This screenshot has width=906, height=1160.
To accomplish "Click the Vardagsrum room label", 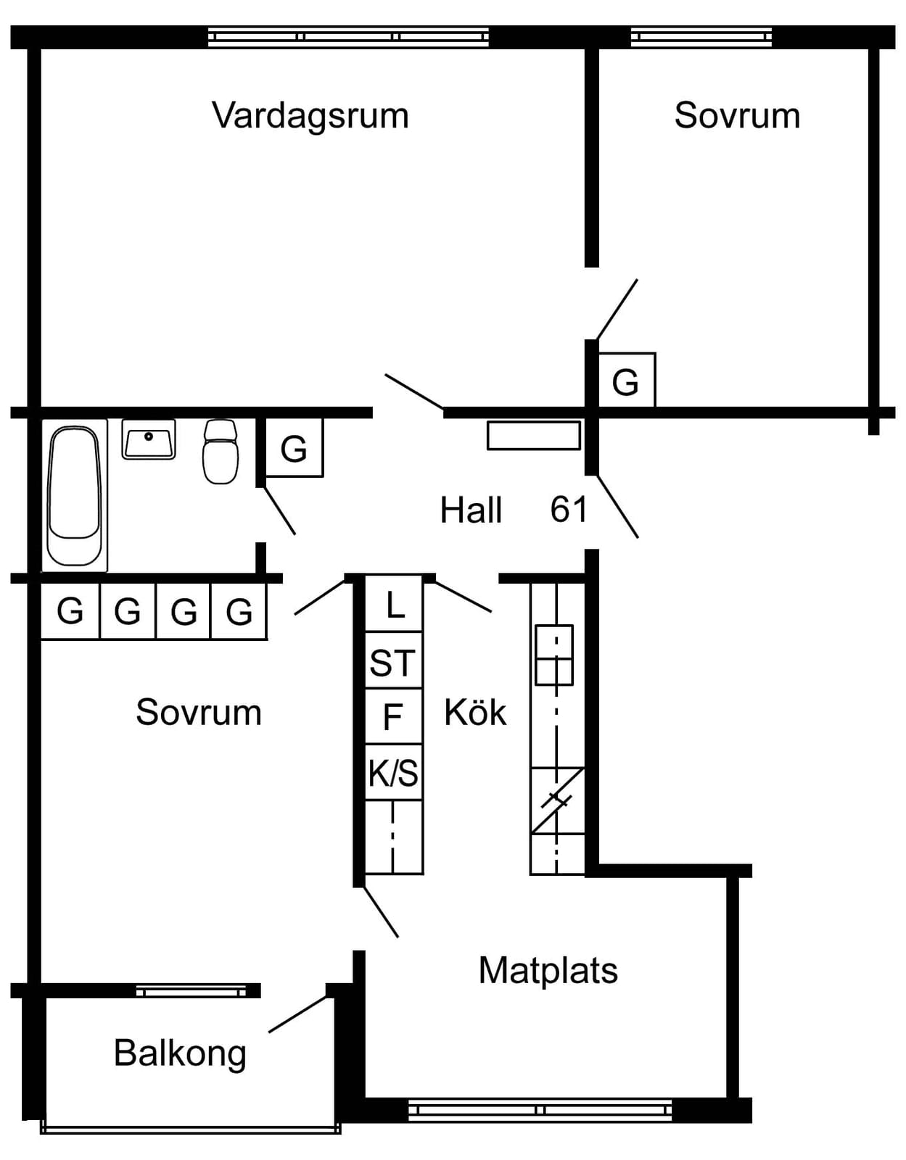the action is [x=310, y=117].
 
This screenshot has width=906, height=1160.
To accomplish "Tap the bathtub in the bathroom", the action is [x=74, y=496].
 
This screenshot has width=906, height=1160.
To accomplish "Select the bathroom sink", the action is [x=149, y=439].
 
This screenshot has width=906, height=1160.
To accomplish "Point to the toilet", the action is [x=220, y=451].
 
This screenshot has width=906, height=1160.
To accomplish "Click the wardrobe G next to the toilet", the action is [x=295, y=447].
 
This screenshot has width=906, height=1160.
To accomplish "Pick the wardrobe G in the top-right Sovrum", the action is [x=626, y=381].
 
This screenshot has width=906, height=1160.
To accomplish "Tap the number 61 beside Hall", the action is [x=569, y=509].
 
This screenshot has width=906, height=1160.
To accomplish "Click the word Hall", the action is [x=471, y=510].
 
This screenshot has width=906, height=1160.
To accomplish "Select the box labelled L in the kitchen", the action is [x=393, y=604].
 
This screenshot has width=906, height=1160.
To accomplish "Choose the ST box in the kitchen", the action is [x=393, y=661].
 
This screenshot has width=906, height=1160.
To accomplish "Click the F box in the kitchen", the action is [x=393, y=716].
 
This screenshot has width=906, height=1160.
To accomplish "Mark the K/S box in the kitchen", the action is [x=393, y=772].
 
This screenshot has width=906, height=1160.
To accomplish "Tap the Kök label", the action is [x=475, y=712].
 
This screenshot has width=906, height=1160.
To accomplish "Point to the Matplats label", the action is [x=548, y=970].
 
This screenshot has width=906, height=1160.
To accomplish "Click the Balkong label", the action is [x=180, y=1053].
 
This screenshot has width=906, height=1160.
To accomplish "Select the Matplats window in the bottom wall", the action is [x=540, y=1111].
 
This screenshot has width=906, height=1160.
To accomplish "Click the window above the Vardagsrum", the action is [x=348, y=37].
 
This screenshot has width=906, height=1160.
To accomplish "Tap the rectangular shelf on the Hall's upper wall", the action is [x=533, y=435].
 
